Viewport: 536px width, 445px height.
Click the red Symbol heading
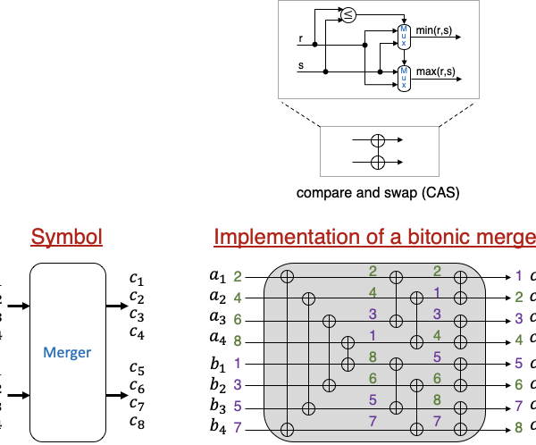coord(67,237)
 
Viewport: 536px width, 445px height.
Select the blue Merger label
coord(67,353)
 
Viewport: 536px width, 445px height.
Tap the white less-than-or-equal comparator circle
coord(348,15)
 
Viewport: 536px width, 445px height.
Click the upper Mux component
coord(404,37)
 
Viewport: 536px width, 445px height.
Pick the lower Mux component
coord(404,79)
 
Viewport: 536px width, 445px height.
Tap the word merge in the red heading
coord(510,237)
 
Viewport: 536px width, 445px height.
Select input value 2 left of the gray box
coord(238,277)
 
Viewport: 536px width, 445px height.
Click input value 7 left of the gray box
coord(238,427)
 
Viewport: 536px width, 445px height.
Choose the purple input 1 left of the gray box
coord(238,363)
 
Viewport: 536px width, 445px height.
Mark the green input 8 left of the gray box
coord(238,340)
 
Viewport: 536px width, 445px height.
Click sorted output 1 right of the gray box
coord(519,276)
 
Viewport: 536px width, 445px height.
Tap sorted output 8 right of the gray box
coord(519,427)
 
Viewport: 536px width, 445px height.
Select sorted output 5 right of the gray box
coord(519,363)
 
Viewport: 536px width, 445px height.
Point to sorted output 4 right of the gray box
coord(519,340)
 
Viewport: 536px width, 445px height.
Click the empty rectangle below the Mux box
coord(380,151)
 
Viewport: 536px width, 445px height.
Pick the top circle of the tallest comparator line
coord(287,277)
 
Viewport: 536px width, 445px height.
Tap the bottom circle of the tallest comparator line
coord(287,429)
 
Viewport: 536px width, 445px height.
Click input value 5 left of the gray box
coord(238,406)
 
